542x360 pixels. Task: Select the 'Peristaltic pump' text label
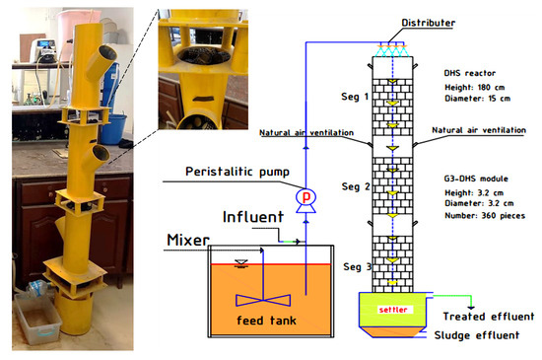coord(238,174)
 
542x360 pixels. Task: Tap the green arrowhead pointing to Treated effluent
coord(472,301)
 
